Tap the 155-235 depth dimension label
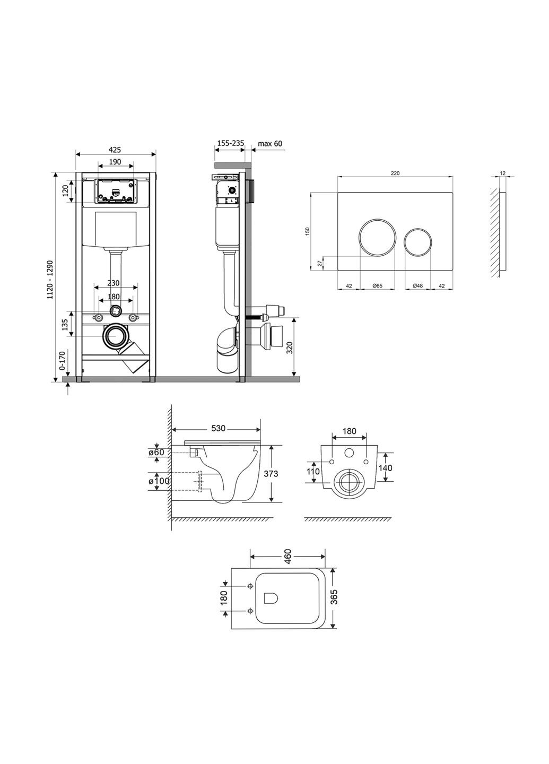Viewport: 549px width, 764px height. point(230,143)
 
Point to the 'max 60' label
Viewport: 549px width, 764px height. point(270,143)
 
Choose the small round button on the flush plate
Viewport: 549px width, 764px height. point(418,241)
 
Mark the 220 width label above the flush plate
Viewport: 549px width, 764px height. point(395,173)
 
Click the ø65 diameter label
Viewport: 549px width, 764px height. point(377,286)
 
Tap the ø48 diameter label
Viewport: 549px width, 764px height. point(417,286)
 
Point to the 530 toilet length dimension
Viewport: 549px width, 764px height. point(217,428)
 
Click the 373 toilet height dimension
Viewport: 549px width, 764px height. point(271,473)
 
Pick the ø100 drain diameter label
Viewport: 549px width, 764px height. point(158,481)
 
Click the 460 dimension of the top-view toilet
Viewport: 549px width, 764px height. point(287,557)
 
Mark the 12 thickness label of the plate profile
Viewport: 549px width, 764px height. point(502,173)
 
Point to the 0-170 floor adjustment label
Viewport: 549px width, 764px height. point(62,361)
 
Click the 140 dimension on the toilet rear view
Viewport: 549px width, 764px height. point(386,467)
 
